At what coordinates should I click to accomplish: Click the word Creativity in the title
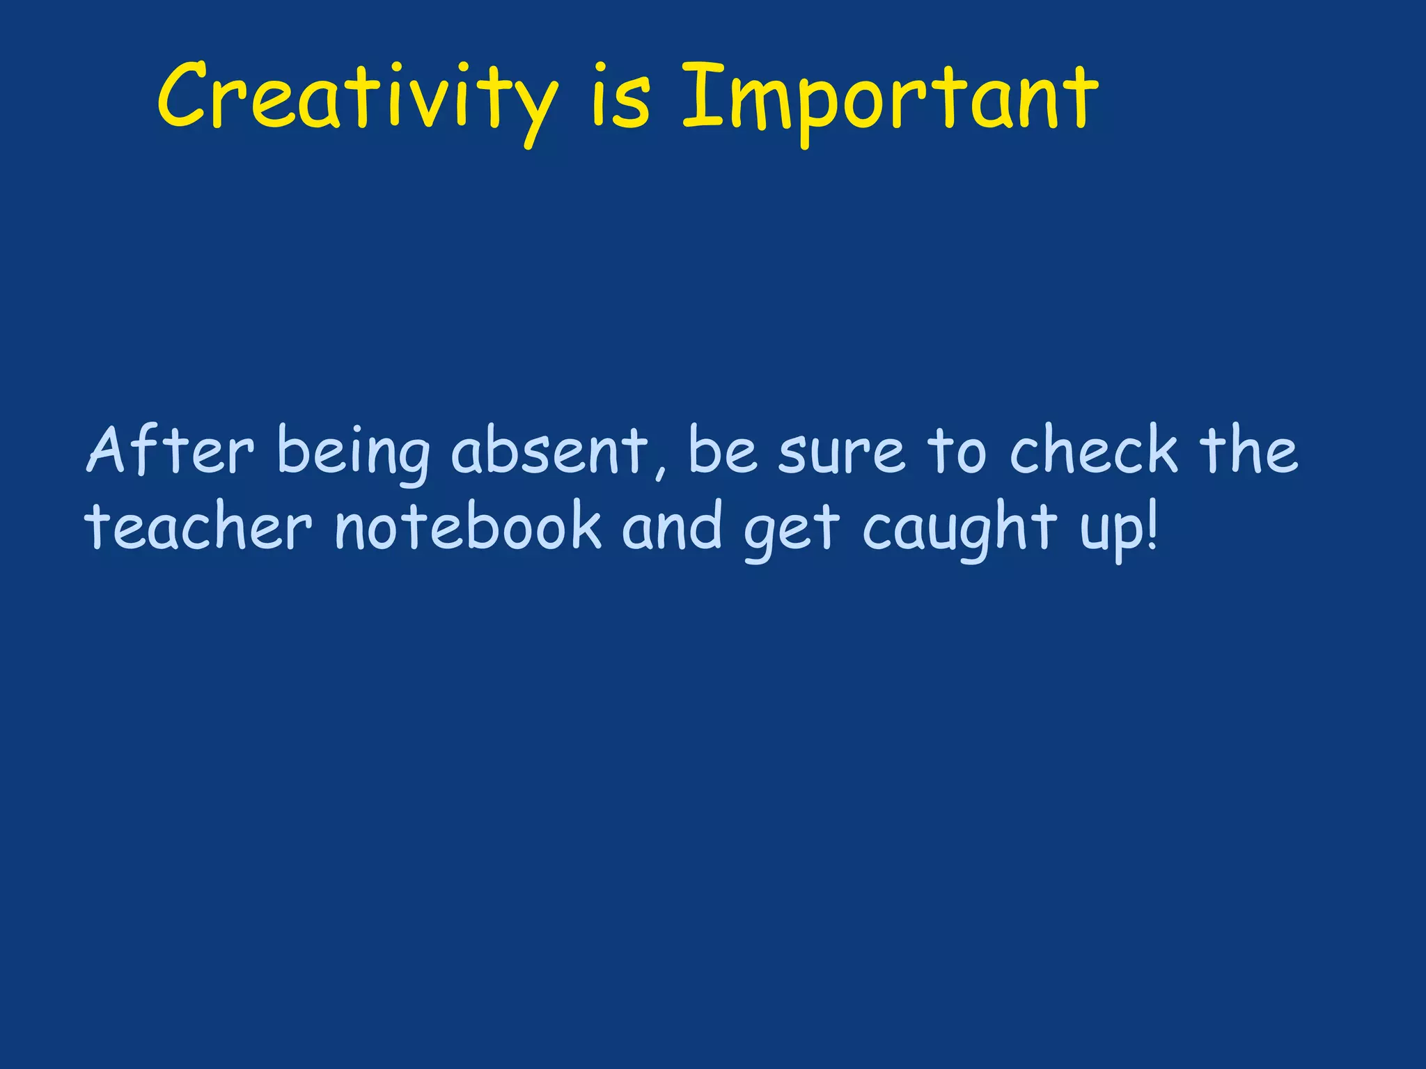point(357,97)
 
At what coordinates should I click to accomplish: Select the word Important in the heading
point(889,97)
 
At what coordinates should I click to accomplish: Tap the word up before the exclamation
point(1110,532)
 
